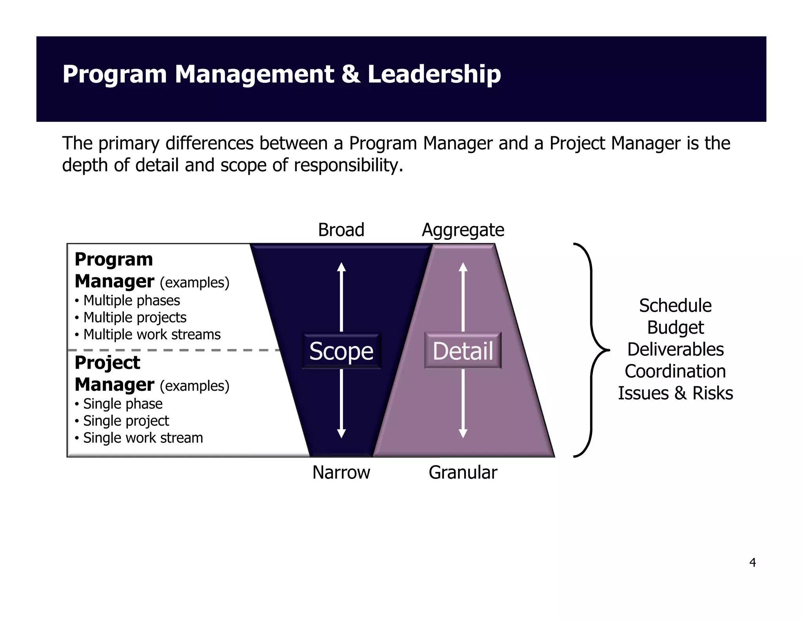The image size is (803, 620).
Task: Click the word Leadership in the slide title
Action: (x=434, y=74)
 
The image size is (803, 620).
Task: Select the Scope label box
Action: (x=341, y=351)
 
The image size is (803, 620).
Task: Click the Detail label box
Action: (x=463, y=351)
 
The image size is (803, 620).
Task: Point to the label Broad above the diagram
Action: (x=341, y=230)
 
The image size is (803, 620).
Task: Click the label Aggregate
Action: (x=463, y=230)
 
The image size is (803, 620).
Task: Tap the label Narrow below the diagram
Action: (x=341, y=472)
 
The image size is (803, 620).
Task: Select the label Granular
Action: (x=463, y=472)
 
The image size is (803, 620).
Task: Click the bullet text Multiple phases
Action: (x=131, y=301)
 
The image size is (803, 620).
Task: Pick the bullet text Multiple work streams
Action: (x=152, y=335)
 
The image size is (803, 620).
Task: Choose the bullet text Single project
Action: (x=126, y=421)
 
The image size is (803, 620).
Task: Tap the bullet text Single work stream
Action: (x=143, y=438)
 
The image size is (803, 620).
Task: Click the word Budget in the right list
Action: (x=675, y=328)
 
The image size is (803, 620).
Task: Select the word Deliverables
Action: (x=675, y=349)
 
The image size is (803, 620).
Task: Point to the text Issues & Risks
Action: (x=675, y=393)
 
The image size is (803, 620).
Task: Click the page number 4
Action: (x=752, y=563)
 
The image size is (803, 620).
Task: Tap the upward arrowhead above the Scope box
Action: (x=342, y=267)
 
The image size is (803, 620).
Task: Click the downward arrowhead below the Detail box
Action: (x=463, y=433)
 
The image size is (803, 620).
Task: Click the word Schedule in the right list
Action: (x=675, y=306)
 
